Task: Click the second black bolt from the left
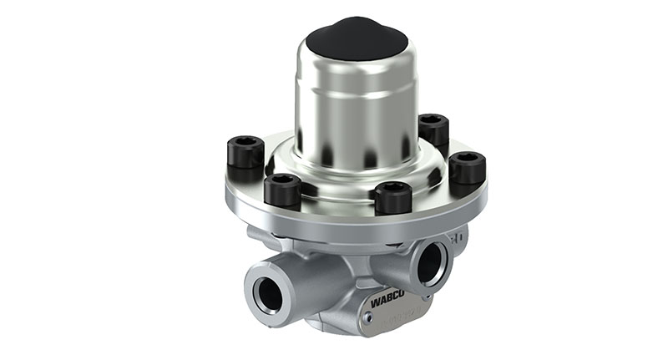282,190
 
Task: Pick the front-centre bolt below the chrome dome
392,198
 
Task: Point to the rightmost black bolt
467,169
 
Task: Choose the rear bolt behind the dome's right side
433,129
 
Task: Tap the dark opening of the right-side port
432,261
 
